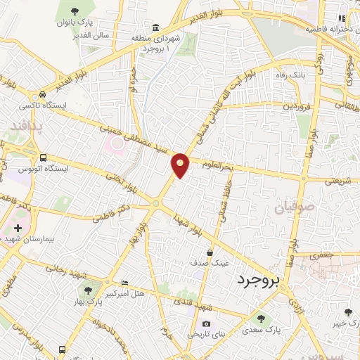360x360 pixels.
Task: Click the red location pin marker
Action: [181, 165]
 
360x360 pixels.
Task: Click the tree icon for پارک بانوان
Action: [75, 9]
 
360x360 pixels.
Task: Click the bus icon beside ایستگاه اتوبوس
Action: [44, 157]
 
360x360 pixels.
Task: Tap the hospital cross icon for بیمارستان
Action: [18, 229]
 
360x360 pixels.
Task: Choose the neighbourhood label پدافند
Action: [27, 127]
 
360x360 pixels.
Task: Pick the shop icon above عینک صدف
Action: [210, 252]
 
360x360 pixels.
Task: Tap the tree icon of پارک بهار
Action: [87, 290]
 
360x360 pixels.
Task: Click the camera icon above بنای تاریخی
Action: [206, 323]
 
